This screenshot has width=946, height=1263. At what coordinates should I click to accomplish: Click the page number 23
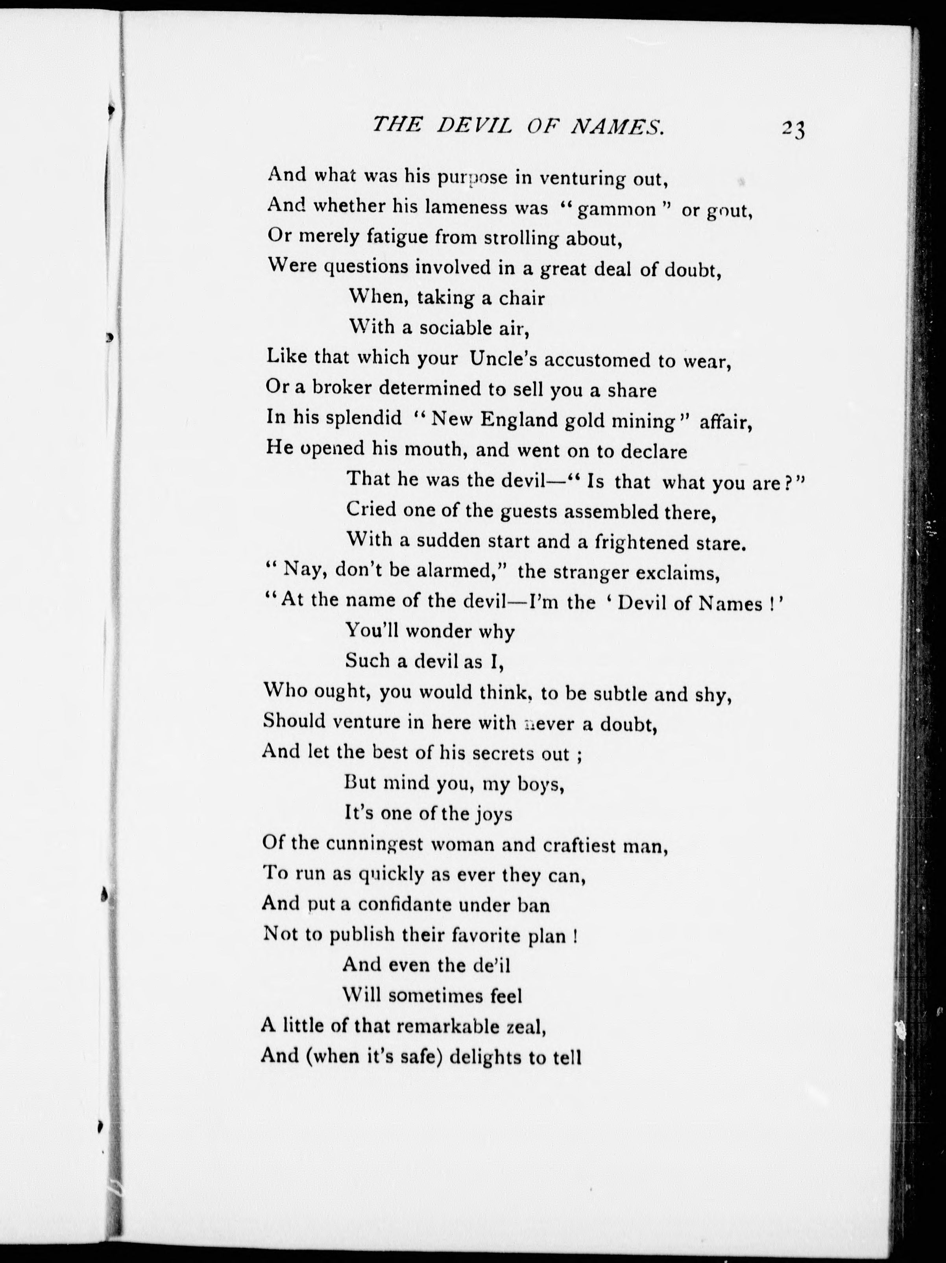point(793,130)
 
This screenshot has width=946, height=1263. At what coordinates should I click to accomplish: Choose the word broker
point(332,388)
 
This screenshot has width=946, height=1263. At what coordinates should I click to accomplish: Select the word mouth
point(432,449)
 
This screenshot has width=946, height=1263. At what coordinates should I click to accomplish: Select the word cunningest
point(374,844)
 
